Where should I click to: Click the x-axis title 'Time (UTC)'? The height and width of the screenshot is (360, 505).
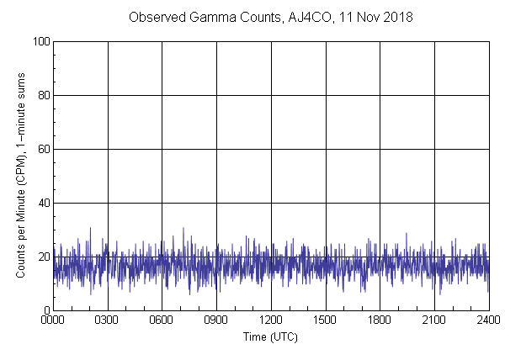click(x=270, y=336)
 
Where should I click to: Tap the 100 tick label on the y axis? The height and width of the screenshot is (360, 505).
click(x=40, y=41)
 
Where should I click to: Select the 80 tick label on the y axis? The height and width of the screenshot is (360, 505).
click(x=42, y=95)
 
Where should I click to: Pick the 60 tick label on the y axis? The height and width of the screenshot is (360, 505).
click(x=42, y=149)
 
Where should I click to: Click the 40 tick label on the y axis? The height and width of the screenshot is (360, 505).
click(x=42, y=203)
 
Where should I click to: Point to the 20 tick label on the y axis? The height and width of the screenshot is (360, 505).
click(x=42, y=257)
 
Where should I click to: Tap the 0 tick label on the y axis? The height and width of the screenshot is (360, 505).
click(x=45, y=310)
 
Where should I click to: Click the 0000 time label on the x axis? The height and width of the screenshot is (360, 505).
click(x=53, y=320)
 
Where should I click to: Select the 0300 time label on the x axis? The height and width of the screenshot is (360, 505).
click(x=108, y=320)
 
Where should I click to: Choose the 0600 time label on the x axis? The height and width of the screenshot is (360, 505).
click(x=162, y=320)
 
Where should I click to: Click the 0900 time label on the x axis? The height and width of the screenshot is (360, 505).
click(x=216, y=320)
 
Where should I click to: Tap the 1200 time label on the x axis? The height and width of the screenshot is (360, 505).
click(x=271, y=320)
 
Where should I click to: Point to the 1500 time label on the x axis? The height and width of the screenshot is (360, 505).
click(x=326, y=320)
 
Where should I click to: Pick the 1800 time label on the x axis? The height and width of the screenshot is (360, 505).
click(x=380, y=320)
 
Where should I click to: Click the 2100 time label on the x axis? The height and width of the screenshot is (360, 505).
click(x=434, y=320)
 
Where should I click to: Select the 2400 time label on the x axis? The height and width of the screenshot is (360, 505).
click(x=487, y=320)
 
